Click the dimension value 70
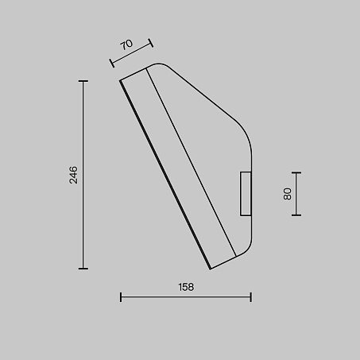126,45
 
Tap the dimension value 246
73,175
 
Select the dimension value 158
186,287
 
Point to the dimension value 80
287,194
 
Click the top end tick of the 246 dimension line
83,81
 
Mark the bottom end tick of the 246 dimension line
83,269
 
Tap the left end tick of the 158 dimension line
121,297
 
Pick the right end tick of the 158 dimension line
250,297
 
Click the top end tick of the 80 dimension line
296,172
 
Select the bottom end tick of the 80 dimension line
296,215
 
